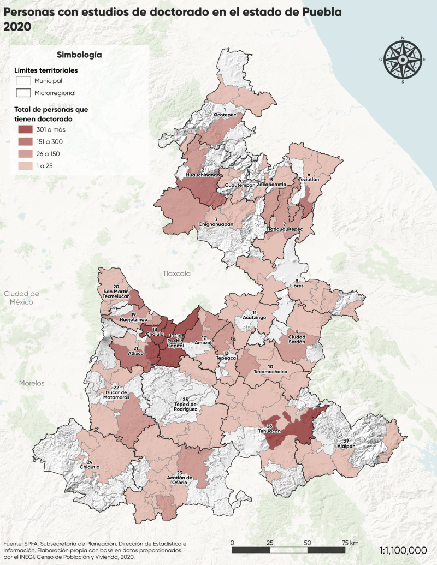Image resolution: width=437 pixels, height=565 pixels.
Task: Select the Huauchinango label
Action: coord(203,175)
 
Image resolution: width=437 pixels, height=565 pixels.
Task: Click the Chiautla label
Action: coord(90,467)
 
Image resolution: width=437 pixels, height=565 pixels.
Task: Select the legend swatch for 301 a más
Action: coord(23,129)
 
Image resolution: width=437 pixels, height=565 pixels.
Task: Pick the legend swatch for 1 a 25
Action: coord(23,165)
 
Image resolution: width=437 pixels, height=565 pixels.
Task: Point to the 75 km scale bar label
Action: coord(350,543)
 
